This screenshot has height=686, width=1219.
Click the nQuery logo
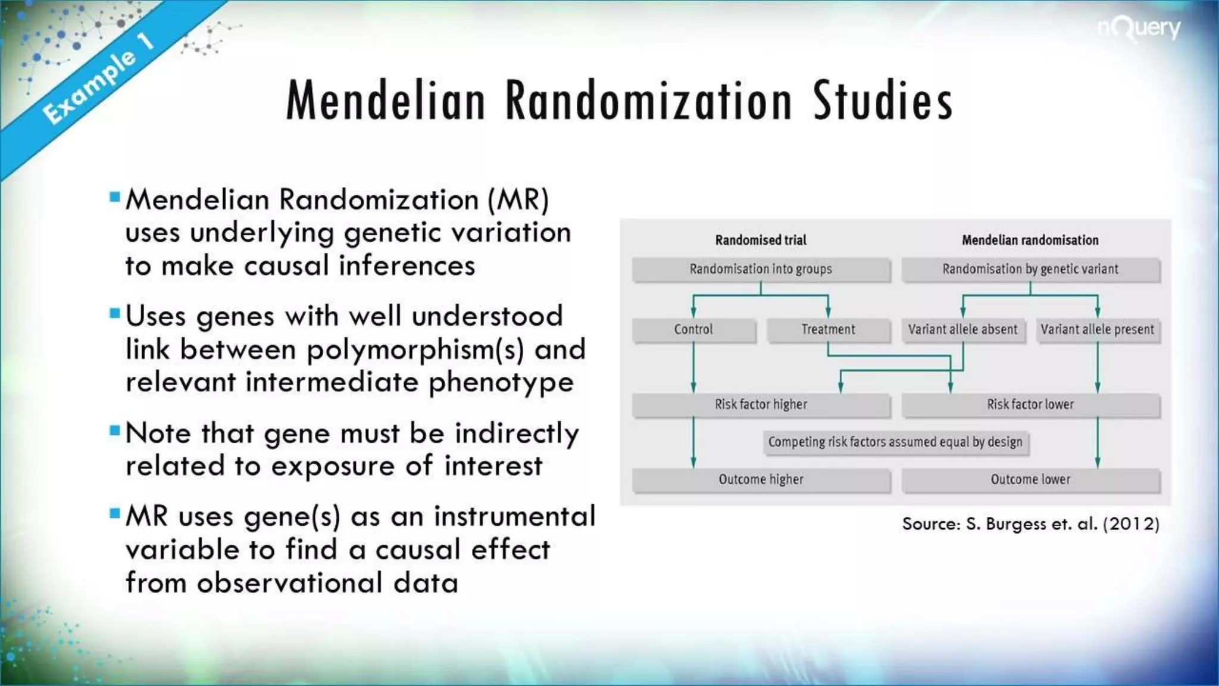pos(1139,29)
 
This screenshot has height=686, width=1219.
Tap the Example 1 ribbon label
pos(98,79)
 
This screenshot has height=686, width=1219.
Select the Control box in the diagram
pos(693,329)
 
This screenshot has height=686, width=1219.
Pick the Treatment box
pos(828,329)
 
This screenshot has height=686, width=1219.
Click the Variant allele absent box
pos(962,329)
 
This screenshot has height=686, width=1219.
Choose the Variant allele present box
pos(1097,329)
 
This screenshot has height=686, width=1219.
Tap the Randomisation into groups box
pos(761,269)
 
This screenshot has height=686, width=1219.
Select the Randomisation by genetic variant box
pos(1030,269)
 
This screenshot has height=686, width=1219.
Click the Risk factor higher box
pos(761,404)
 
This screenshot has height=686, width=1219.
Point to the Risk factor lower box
pos(1030,404)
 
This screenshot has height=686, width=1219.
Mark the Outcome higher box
pos(761,479)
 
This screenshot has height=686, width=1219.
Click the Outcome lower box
pos(1030,479)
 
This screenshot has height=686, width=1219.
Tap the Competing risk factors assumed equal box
pos(895,442)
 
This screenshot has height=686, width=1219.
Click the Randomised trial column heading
pos(761,240)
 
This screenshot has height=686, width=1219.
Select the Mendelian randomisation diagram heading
pos(1030,240)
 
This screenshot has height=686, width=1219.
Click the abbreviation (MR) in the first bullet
pos(518,199)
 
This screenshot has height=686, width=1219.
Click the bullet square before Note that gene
pos(115,431)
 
